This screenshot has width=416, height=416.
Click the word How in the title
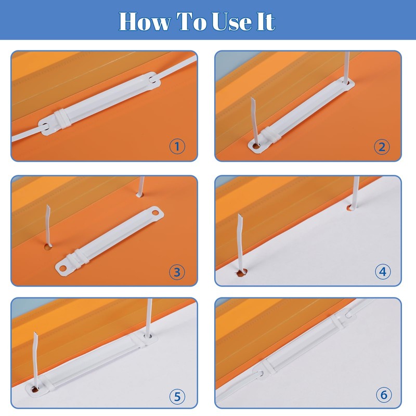(145, 21)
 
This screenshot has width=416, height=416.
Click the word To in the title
(191, 21)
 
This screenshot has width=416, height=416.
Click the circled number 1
(177, 146)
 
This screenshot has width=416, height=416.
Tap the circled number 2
(382, 147)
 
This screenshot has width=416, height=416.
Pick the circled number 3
(177, 272)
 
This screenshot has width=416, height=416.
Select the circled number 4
(383, 271)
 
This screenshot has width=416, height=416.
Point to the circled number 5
(177, 397)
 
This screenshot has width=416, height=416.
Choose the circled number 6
(384, 395)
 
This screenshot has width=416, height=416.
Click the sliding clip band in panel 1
(62, 119)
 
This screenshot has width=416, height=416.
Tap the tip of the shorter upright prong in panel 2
(252, 98)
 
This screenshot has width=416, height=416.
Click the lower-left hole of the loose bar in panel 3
(62, 268)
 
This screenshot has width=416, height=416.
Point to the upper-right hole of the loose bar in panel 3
(155, 212)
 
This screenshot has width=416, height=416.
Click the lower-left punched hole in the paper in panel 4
(241, 272)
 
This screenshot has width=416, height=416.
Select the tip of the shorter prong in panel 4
(240, 214)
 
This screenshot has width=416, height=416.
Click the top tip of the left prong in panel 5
(34, 332)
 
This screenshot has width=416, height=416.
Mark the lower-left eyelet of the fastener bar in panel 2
(256, 146)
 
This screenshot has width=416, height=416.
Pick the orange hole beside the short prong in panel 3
(48, 248)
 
